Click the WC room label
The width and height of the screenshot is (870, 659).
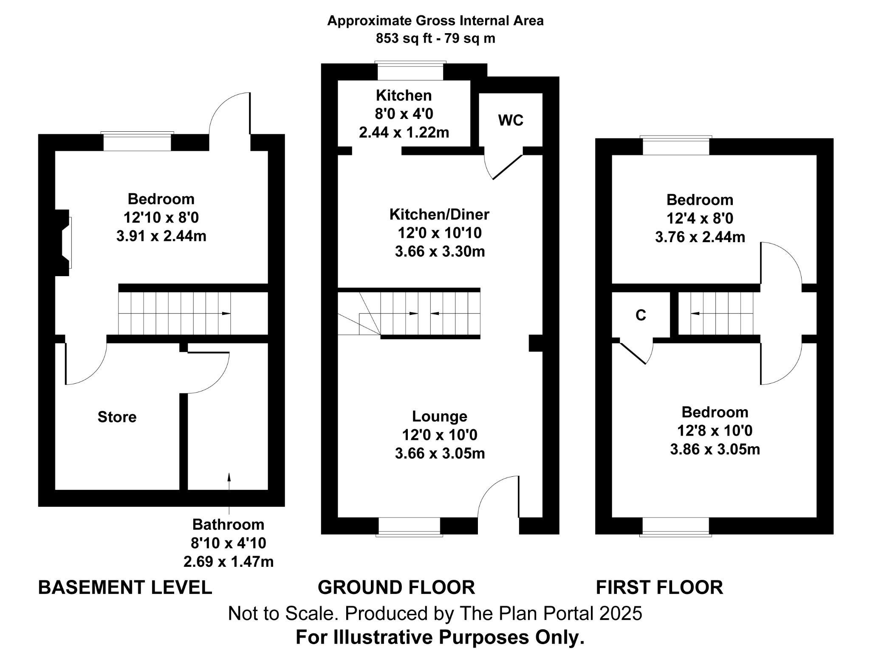510,120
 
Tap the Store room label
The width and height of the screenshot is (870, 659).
117,417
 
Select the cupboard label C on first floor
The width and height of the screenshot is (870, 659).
640,315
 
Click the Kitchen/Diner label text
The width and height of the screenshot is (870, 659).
439,214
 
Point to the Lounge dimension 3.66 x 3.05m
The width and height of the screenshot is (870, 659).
440,453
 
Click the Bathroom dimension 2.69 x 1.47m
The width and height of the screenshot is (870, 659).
228,562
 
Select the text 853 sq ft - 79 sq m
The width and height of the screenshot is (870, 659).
435,39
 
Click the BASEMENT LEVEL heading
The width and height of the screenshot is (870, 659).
125,587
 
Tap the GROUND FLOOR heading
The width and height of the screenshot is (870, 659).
396,587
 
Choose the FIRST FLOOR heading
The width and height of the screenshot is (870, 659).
659,587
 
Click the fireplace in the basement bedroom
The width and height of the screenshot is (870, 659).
64,243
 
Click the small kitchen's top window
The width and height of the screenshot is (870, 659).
410,71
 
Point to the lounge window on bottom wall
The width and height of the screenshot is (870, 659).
409,527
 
